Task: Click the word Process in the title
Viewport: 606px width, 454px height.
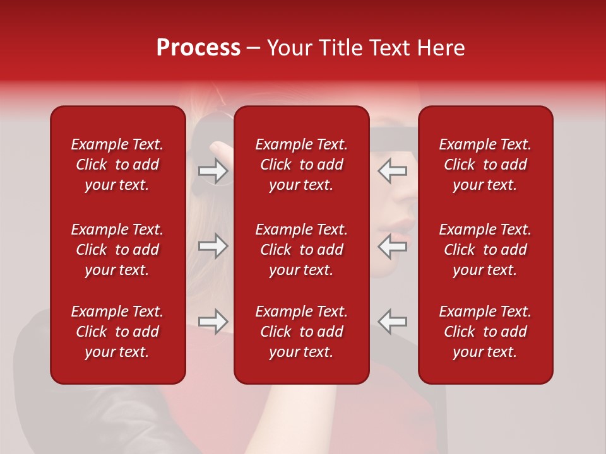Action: pyautogui.click(x=198, y=48)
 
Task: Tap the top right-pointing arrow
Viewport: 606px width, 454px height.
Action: pyautogui.click(x=213, y=170)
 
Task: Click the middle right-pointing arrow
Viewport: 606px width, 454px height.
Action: pyautogui.click(x=213, y=246)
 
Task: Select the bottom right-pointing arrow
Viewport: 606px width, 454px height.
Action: pyautogui.click(x=213, y=322)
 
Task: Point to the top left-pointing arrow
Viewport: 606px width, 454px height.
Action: pyautogui.click(x=392, y=170)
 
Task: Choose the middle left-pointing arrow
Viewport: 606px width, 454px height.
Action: pyautogui.click(x=392, y=246)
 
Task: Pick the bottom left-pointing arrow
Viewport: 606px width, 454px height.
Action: pyautogui.click(x=392, y=322)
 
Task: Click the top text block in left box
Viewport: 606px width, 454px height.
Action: pyautogui.click(x=117, y=165)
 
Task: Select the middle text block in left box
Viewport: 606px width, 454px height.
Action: pyautogui.click(x=117, y=250)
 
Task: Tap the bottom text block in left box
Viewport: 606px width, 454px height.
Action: pyautogui.click(x=117, y=332)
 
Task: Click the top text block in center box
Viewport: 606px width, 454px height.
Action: pyautogui.click(x=301, y=165)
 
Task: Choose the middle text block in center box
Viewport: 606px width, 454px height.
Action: pyautogui.click(x=301, y=250)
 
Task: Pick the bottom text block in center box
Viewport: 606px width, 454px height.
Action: pyautogui.click(x=301, y=332)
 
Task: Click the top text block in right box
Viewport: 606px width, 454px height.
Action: pyautogui.click(x=485, y=165)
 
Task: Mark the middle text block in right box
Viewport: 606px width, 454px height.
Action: pyautogui.click(x=485, y=250)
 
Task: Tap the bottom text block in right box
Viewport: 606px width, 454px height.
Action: pyautogui.click(x=485, y=332)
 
